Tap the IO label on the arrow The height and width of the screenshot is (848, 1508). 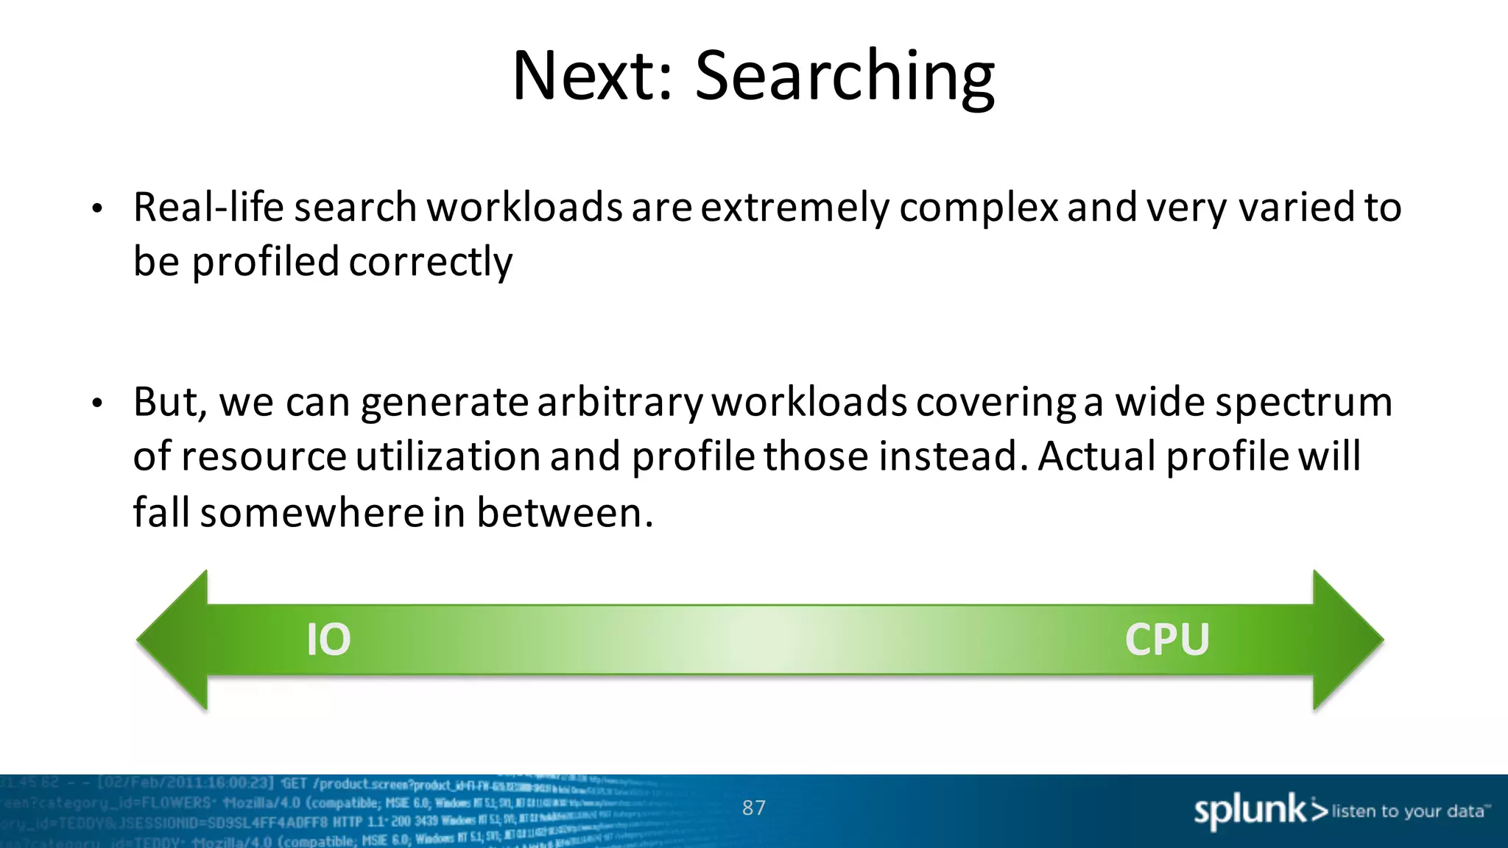tap(328, 639)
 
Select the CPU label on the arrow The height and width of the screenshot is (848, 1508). tap(1167, 639)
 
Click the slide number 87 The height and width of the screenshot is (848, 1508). tap(753, 808)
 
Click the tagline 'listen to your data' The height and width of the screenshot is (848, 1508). tap(1408, 811)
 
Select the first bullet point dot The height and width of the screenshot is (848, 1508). tap(97, 209)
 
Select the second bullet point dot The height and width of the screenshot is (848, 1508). tap(97, 403)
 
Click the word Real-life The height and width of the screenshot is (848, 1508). tap(208, 207)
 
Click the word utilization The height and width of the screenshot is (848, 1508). tap(448, 456)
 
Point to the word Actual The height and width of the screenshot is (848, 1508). tap(1098, 456)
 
